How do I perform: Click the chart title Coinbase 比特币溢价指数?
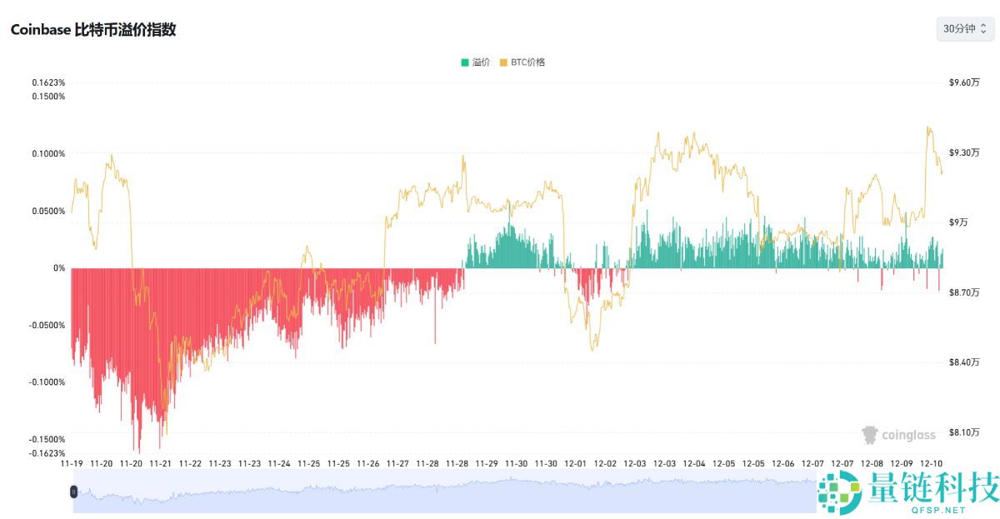pyautogui.click(x=93, y=29)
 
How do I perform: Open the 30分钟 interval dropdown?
pyautogui.click(x=965, y=28)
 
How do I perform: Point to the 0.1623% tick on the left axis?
pyautogui.click(x=48, y=82)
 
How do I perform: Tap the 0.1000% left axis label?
pyautogui.click(x=48, y=153)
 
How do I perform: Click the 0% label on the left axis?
pyautogui.click(x=59, y=268)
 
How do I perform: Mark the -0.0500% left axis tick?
pyautogui.click(x=47, y=325)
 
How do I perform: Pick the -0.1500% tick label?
pyautogui.click(x=47, y=439)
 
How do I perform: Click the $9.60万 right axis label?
pyautogui.click(x=964, y=82)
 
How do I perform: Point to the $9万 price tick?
pyautogui.click(x=959, y=222)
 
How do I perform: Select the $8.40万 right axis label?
pyautogui.click(x=964, y=362)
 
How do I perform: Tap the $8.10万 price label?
pyautogui.click(x=964, y=432)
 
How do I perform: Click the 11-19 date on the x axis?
pyautogui.click(x=72, y=463)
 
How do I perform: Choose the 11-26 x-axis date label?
pyautogui.click(x=368, y=463)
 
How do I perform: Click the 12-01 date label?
pyautogui.click(x=576, y=463)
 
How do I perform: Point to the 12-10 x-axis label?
pyautogui.click(x=932, y=463)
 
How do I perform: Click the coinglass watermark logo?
pyautogui.click(x=898, y=435)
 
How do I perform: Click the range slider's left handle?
pyautogui.click(x=73, y=492)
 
